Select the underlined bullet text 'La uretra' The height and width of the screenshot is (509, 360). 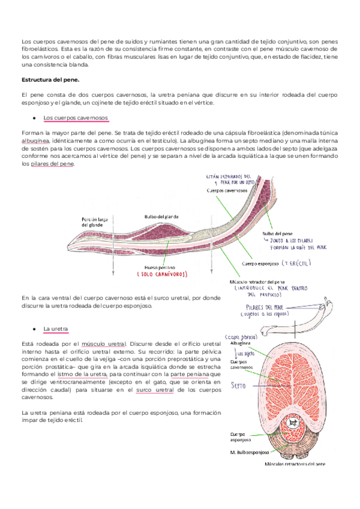(55, 329)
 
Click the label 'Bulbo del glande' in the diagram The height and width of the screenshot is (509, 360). (160, 217)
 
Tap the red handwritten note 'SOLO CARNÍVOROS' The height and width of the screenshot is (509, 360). (162, 275)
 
